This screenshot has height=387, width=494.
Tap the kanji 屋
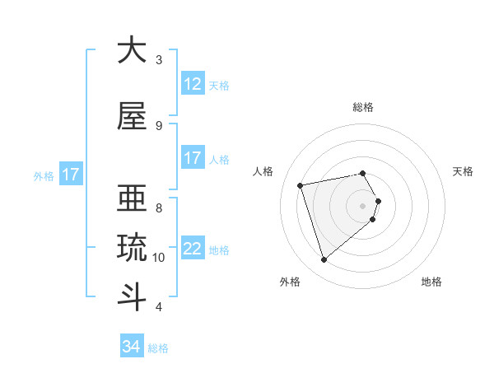coord(132,116)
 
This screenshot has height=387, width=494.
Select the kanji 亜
coord(132,197)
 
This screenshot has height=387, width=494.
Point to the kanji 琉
coord(132,246)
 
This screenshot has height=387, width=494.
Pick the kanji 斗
coord(132,296)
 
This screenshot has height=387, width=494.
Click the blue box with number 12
coord(192,84)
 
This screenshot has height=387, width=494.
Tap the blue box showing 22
coord(192,249)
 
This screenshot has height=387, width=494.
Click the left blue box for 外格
coord(70,175)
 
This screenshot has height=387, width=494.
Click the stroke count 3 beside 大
coord(159,60)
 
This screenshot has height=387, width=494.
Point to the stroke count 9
coord(159,126)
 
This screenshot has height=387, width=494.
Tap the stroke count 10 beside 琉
coord(159,258)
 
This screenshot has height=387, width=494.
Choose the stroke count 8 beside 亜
coord(159,207)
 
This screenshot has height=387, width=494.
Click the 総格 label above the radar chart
coord(363,107)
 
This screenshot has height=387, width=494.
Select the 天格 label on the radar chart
coord(464,171)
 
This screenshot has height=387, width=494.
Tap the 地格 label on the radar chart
coord(431,282)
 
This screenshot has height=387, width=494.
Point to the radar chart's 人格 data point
coord(301,184)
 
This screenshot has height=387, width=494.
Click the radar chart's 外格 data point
coord(324,260)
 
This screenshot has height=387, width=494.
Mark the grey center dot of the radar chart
coord(363,205)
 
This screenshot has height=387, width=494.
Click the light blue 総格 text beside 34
coord(158,348)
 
